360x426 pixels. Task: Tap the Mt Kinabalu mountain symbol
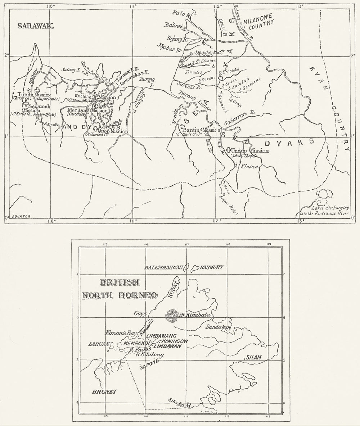pyautogui.click(x=171, y=316)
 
